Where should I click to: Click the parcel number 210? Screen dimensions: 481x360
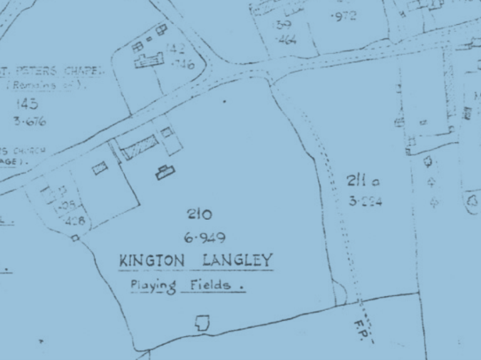point(199,215)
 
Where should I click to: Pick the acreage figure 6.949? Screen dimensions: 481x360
point(204,238)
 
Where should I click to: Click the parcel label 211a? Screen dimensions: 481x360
point(363,182)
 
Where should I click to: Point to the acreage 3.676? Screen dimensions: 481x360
point(29,121)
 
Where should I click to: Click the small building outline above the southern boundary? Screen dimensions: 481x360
point(202,323)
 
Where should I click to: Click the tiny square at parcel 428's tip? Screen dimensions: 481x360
point(75,238)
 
